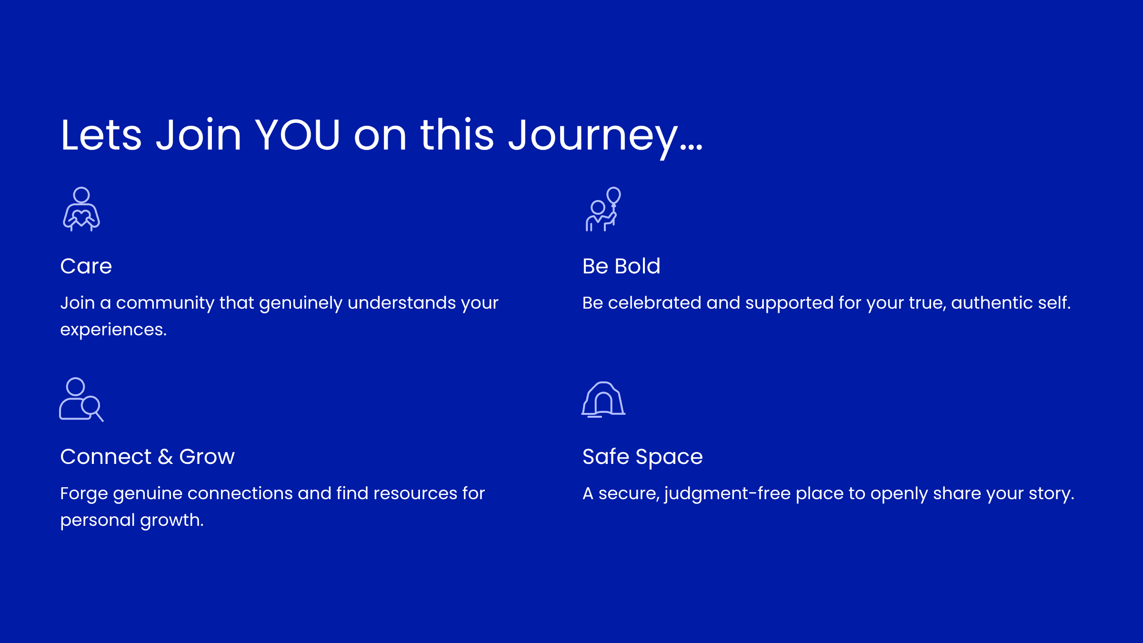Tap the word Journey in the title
[593, 138]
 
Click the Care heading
[86, 266]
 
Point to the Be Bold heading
[622, 266]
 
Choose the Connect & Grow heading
[148, 457]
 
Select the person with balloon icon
[603, 209]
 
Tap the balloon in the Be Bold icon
[614, 195]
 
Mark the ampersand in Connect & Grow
[165, 457]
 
